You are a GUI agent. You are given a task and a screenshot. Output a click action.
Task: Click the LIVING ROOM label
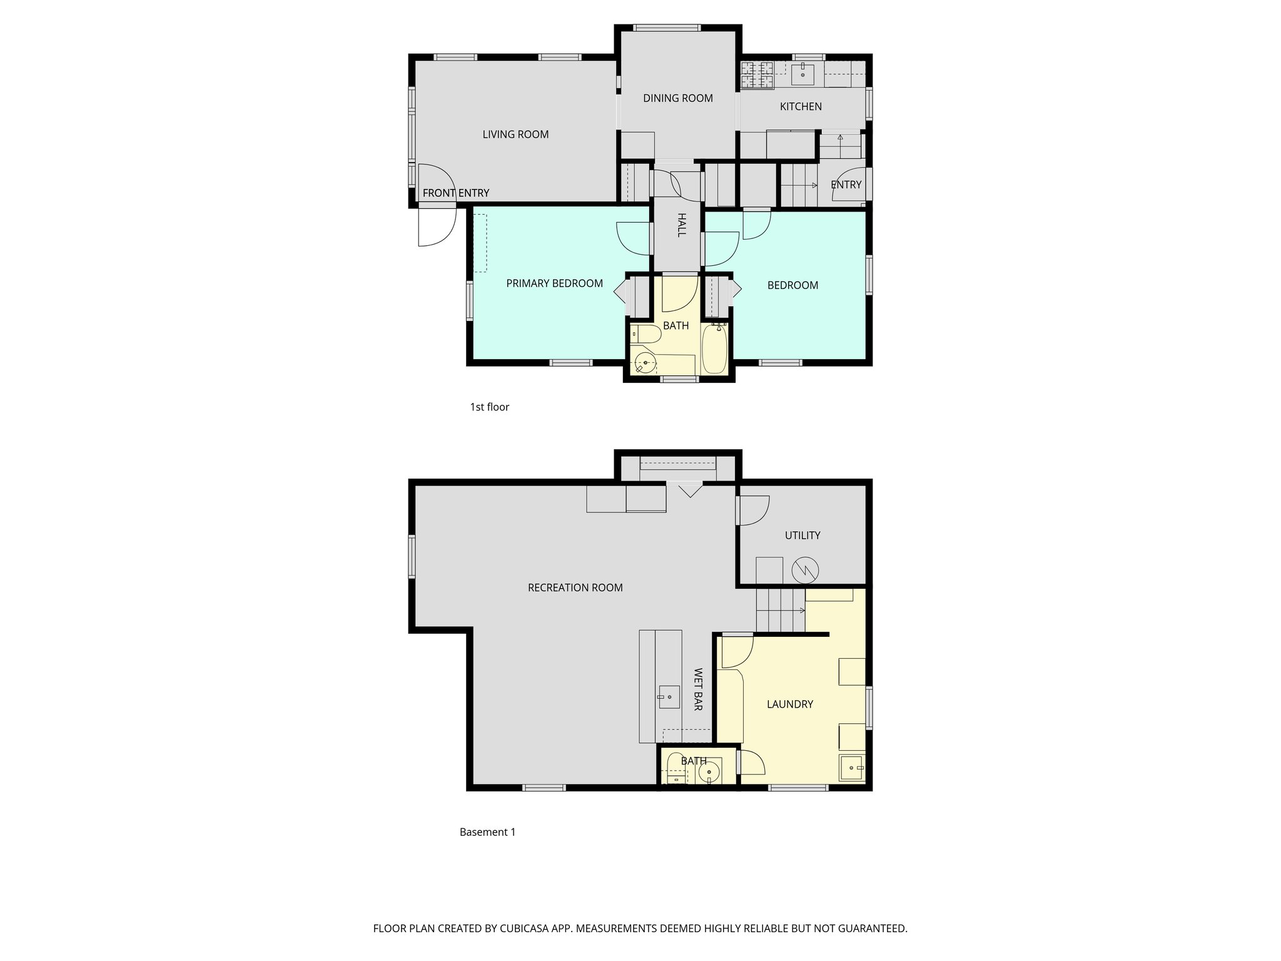click(515, 135)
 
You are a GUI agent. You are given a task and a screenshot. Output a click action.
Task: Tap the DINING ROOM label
click(678, 98)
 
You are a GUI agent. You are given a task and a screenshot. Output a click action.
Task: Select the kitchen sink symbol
click(803, 74)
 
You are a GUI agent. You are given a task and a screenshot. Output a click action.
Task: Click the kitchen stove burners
click(757, 74)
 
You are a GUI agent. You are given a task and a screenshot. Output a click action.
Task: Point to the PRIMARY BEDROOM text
click(554, 283)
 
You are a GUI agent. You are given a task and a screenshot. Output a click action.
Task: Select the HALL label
click(682, 225)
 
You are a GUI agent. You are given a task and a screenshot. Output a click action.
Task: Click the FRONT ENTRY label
click(456, 193)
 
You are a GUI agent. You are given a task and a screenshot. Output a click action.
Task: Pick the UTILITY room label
click(803, 536)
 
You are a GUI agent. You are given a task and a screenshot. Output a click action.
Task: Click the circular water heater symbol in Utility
click(805, 569)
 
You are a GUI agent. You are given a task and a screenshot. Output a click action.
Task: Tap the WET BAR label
click(698, 689)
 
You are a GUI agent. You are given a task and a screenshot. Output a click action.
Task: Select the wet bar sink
click(669, 694)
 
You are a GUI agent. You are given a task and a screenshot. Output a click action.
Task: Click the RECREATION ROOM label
click(575, 588)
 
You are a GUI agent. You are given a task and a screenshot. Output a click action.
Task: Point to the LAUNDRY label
click(790, 704)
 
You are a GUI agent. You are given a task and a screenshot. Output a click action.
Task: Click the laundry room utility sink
click(851, 768)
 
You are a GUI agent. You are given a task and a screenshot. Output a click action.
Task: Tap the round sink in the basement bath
click(709, 772)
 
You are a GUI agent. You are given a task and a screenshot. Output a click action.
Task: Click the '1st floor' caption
click(490, 407)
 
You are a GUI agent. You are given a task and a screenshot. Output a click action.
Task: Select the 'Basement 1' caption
click(488, 832)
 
